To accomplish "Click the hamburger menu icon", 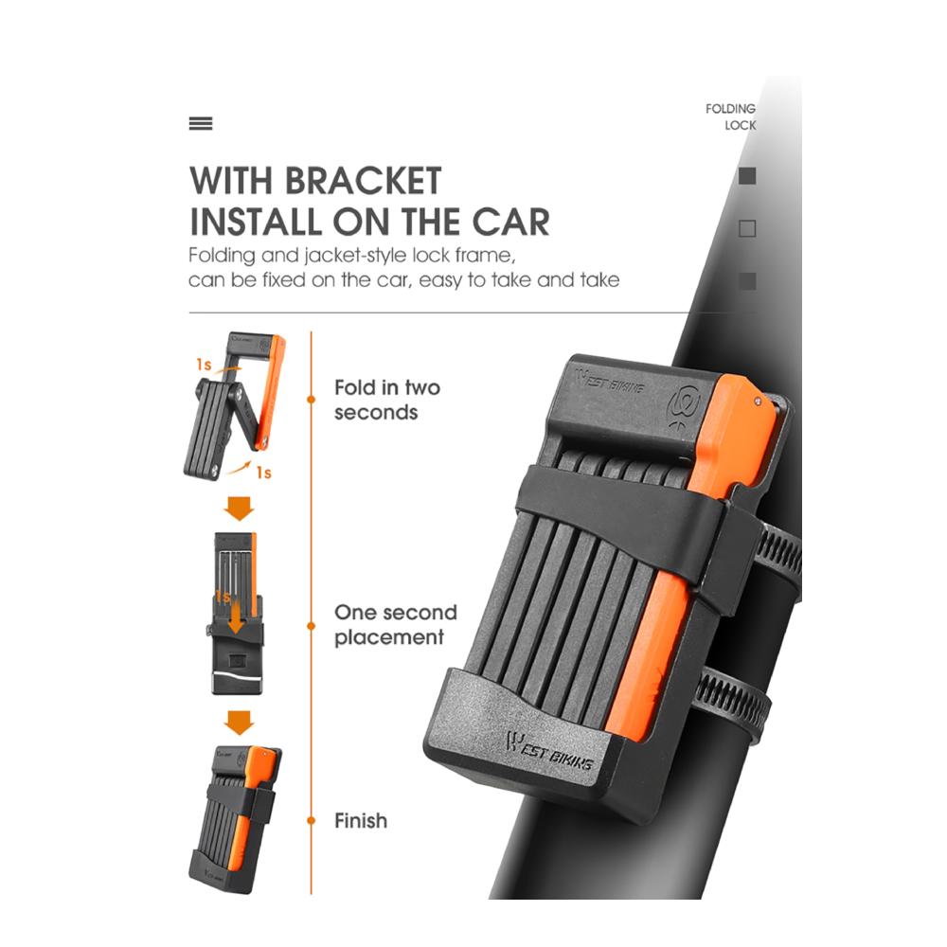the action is pos(201,124).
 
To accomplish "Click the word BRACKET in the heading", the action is pos(364,180).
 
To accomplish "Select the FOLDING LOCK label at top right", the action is pos(731,116).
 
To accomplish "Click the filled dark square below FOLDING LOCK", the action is pos(747,176).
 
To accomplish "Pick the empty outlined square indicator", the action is pos(747,228).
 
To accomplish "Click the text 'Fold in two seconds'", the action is pos(387,400).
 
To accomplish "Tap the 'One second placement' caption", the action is pos(396,624).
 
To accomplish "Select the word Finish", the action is pos(361,820).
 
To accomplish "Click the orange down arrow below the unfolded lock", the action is pos(240,508).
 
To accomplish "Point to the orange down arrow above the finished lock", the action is pos(240,723).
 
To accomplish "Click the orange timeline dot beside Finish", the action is pos(311,820).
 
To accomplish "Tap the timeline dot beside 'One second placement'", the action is pos(311,626).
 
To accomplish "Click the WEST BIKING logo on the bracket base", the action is pos(548,751).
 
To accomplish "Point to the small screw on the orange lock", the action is pos(758,401).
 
